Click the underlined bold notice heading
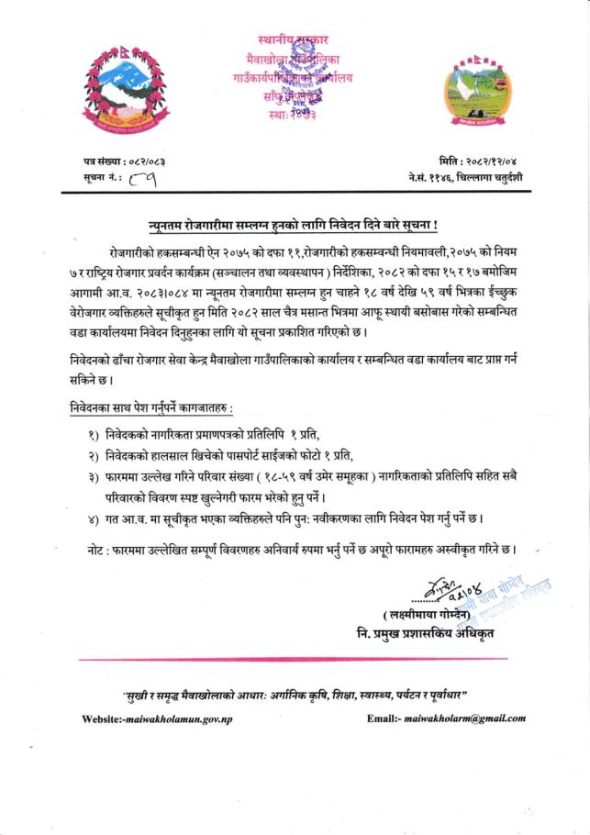pos(293,224)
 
